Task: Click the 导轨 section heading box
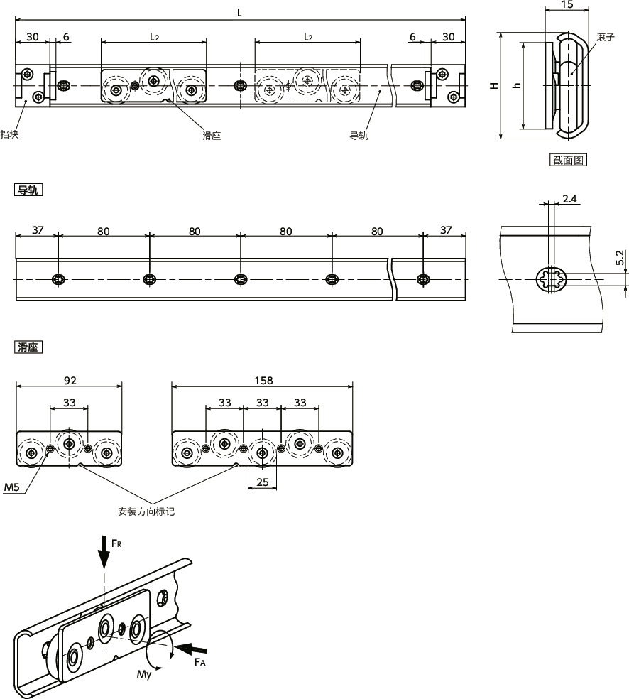[x=29, y=190]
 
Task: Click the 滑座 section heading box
[x=29, y=347]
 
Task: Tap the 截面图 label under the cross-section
[x=568, y=160]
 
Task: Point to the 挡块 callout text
[x=9, y=134]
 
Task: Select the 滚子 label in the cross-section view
[x=605, y=36]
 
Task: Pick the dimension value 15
[x=567, y=5]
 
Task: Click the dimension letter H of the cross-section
[x=494, y=85]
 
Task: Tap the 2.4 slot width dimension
[x=569, y=198]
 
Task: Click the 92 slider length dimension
[x=70, y=381]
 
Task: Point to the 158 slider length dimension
[x=262, y=381]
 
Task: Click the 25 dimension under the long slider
[x=261, y=483]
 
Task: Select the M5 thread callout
[x=12, y=487]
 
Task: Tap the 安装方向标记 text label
[x=146, y=511]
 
